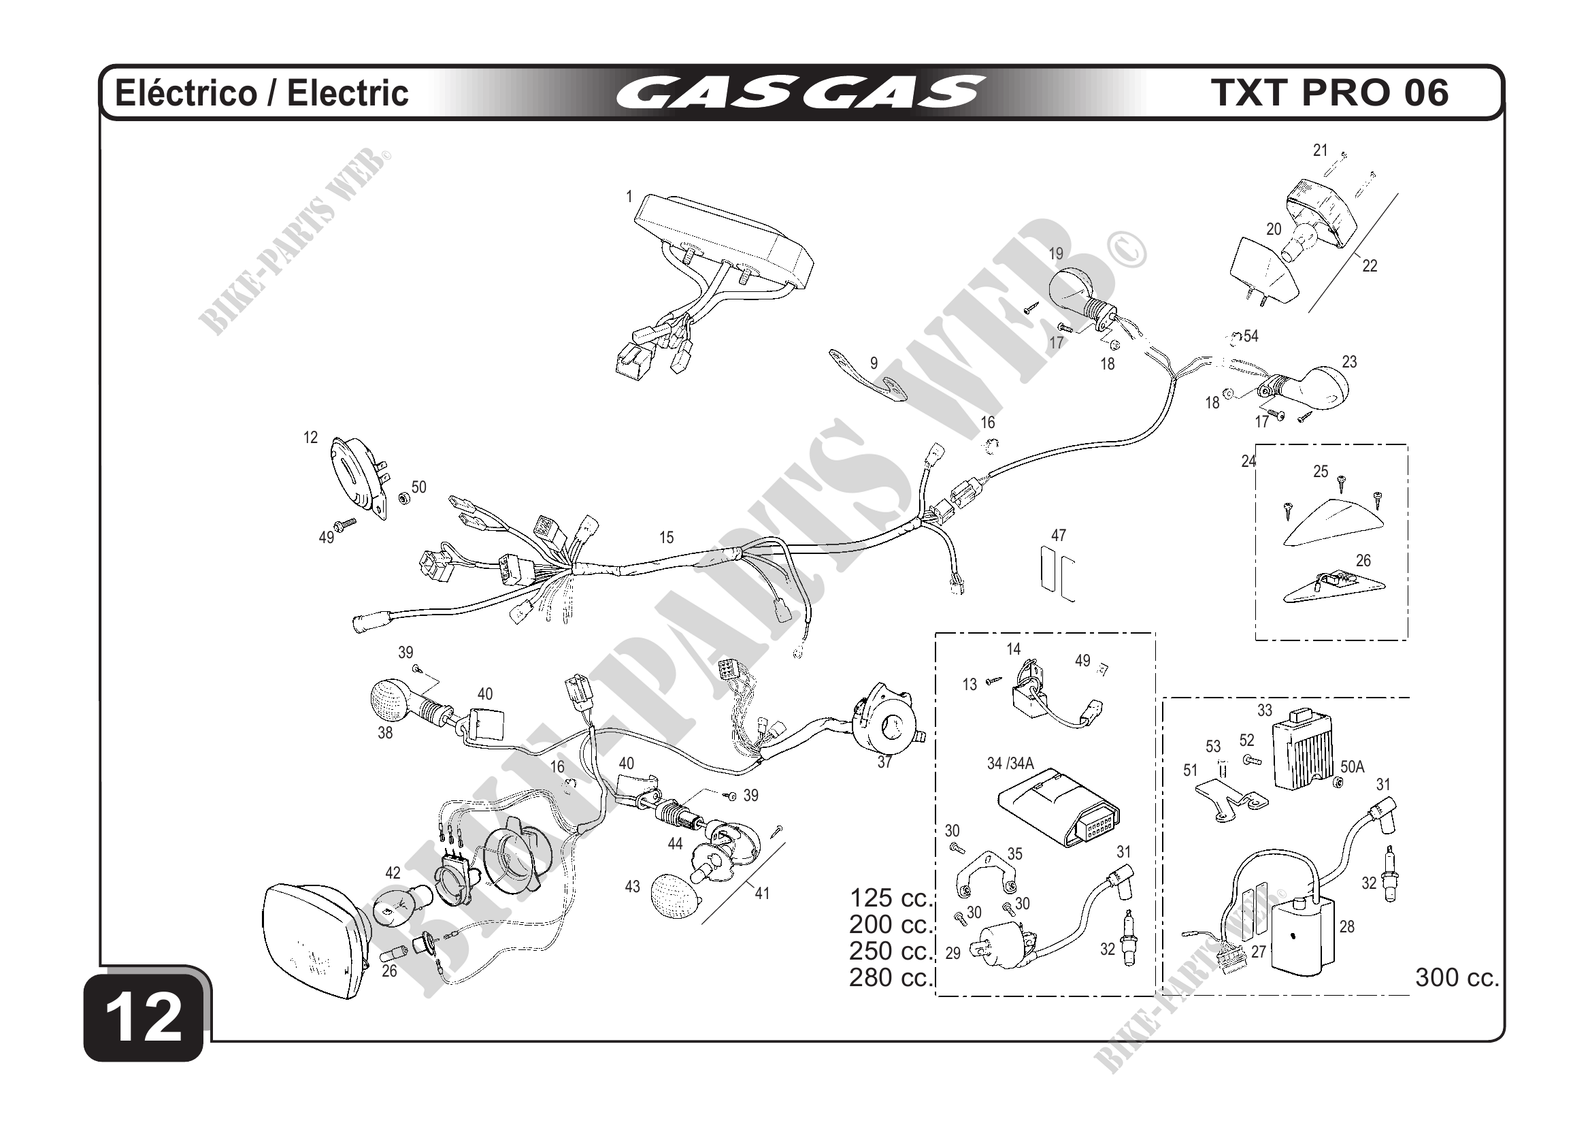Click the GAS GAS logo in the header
(x=800, y=93)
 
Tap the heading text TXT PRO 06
(x=1330, y=93)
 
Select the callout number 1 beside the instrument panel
(x=629, y=197)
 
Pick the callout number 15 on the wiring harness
(x=666, y=538)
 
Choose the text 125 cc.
(x=891, y=898)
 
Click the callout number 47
(x=1058, y=535)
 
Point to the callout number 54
(x=1251, y=337)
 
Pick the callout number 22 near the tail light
(x=1369, y=265)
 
